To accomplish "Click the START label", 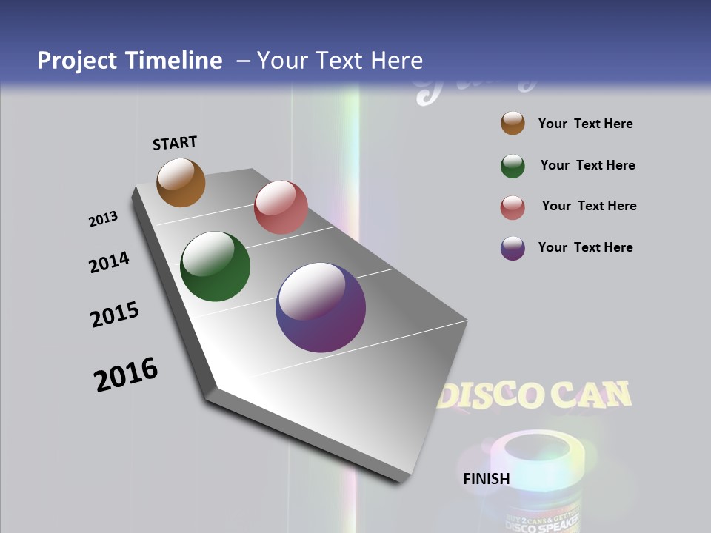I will pos(176,143).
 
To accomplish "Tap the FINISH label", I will pos(487,479).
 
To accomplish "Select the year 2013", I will pos(103,219).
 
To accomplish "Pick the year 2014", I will pos(109,263).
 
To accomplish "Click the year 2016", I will pos(126,375).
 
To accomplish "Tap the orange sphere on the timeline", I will pos(181,182).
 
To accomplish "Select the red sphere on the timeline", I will pos(281,207).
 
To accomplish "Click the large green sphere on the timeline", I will pos(216,266).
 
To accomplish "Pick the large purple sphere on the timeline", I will pos(321,307).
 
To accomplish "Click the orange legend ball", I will pos(513,124).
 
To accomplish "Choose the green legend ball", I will pos(513,166).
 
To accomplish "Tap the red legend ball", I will pos(513,207).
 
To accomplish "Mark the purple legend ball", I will pos(513,248).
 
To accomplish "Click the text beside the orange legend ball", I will pos(585,124).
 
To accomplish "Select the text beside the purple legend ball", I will pos(585,247).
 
